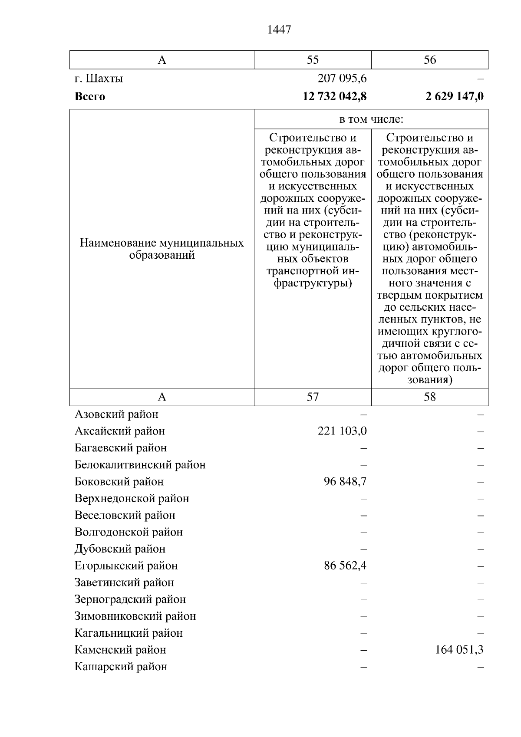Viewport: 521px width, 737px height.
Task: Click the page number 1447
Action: point(279,30)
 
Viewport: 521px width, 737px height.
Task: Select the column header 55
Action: point(313,60)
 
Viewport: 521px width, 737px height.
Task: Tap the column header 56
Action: point(429,60)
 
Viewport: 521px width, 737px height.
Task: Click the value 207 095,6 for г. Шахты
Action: point(342,79)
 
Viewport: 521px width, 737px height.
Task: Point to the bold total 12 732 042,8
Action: point(334,96)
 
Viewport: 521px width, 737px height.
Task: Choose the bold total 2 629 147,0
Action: point(455,96)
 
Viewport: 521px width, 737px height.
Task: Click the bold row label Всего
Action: point(90,96)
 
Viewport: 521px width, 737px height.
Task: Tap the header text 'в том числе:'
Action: point(371,119)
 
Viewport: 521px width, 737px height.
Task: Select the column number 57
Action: point(313,397)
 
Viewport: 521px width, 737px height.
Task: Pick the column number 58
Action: point(429,397)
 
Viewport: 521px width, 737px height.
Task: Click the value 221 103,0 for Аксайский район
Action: point(342,431)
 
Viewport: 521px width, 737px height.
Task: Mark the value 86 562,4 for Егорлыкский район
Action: point(345,566)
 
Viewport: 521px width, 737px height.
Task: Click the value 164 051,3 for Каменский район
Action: point(459,650)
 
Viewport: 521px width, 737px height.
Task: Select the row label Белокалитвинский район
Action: point(140,465)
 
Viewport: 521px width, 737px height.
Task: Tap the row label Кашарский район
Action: point(121,667)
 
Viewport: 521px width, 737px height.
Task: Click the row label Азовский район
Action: point(116,415)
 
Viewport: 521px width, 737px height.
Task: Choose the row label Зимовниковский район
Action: point(135,616)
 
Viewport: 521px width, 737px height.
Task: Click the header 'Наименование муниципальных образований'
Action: point(162,249)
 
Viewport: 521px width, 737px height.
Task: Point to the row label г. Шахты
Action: point(99,79)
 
